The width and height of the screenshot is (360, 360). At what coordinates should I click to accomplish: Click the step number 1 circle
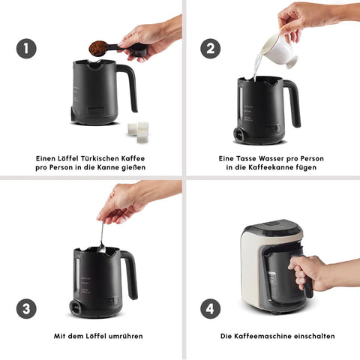point(26,49)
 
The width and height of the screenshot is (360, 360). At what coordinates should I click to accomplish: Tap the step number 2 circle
point(211,49)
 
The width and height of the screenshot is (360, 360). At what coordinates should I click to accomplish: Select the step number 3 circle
point(26,308)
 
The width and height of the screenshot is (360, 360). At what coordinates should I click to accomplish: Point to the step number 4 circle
point(211,308)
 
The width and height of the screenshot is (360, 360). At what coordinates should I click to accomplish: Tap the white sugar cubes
point(138,132)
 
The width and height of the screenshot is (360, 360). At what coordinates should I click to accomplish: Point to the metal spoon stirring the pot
point(101,237)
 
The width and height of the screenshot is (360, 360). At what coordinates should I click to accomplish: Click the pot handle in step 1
point(130,88)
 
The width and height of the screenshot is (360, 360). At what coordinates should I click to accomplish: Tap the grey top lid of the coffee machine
point(273,226)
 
